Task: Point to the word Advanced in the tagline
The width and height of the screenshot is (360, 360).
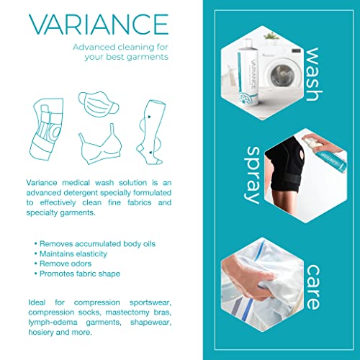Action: pyautogui.click(x=98, y=47)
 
